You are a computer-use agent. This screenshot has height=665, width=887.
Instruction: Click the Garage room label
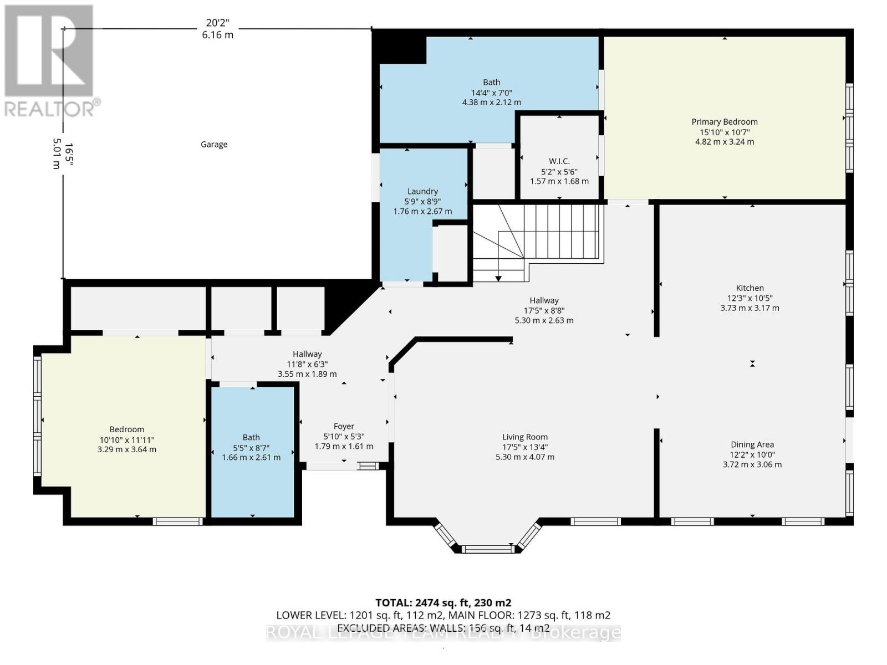(214, 144)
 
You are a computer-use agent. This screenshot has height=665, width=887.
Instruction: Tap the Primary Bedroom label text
(724, 122)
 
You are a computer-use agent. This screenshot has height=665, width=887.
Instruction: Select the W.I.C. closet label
(559, 161)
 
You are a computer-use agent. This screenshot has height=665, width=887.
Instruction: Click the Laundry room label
(422, 191)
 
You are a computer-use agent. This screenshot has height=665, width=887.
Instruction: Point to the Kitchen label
(750, 288)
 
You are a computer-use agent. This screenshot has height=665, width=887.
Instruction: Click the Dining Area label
(752, 444)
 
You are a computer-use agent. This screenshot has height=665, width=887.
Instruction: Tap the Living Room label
(524, 437)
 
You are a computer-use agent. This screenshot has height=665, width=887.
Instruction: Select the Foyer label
(344, 426)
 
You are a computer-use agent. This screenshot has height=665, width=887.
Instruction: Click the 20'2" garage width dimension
(217, 23)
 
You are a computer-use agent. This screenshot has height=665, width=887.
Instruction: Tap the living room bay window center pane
(488, 549)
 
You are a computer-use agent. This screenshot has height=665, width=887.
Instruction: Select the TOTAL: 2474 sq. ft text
(443, 603)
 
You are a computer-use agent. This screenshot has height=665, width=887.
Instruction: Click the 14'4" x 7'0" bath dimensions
(491, 93)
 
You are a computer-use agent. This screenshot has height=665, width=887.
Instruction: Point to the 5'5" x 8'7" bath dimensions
(251, 447)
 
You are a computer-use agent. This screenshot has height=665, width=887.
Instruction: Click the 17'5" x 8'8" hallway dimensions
(544, 310)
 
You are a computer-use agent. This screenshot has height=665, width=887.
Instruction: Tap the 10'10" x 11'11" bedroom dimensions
(126, 439)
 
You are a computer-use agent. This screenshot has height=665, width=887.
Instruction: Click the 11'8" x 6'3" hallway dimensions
(307, 364)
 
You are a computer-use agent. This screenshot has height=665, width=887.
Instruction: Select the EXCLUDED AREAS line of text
(443, 628)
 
